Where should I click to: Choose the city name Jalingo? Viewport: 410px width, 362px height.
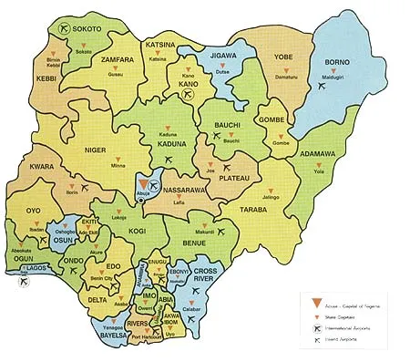[x=271, y=197]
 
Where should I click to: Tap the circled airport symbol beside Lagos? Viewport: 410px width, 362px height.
[x=20, y=283]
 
